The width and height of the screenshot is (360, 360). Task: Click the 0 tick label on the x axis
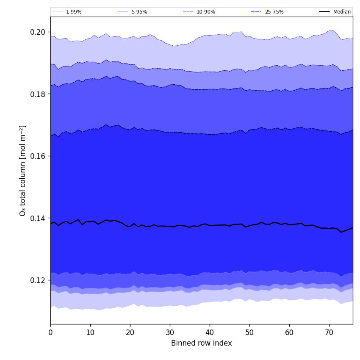click(50, 333)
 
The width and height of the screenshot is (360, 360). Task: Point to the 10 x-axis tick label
click(90, 333)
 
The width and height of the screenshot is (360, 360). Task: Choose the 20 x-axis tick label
click(130, 333)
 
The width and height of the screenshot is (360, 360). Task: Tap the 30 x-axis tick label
click(170, 333)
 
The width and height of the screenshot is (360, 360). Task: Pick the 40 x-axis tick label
click(210, 333)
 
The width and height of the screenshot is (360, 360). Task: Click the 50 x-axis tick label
click(249, 333)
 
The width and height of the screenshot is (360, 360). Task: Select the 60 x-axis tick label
click(289, 333)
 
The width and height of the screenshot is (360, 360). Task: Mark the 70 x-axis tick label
click(329, 333)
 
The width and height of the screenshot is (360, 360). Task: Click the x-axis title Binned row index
click(202, 343)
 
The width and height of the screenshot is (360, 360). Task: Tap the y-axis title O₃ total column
click(23, 170)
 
